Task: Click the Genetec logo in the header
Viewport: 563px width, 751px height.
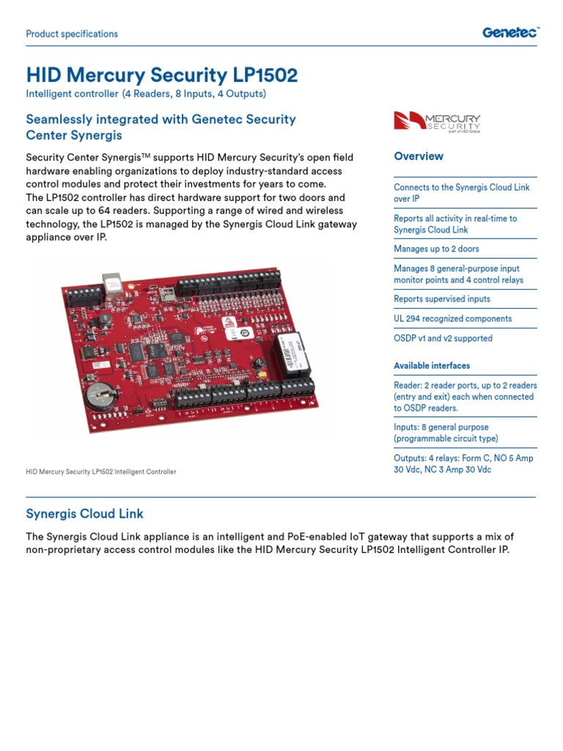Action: [x=510, y=32]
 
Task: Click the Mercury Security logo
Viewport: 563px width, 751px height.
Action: [x=438, y=122]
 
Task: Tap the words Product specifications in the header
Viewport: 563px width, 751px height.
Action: [x=72, y=34]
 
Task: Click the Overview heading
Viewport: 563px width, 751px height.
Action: [x=419, y=156]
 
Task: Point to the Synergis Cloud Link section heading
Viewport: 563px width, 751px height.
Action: [x=85, y=513]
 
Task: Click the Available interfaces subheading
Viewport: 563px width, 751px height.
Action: [x=432, y=366]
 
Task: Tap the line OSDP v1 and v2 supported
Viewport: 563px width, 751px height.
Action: [x=443, y=339]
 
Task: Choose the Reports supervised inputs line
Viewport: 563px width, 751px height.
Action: [x=442, y=299]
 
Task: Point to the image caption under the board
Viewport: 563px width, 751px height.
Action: [x=101, y=472]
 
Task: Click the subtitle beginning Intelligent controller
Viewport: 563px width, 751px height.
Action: [x=146, y=94]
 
